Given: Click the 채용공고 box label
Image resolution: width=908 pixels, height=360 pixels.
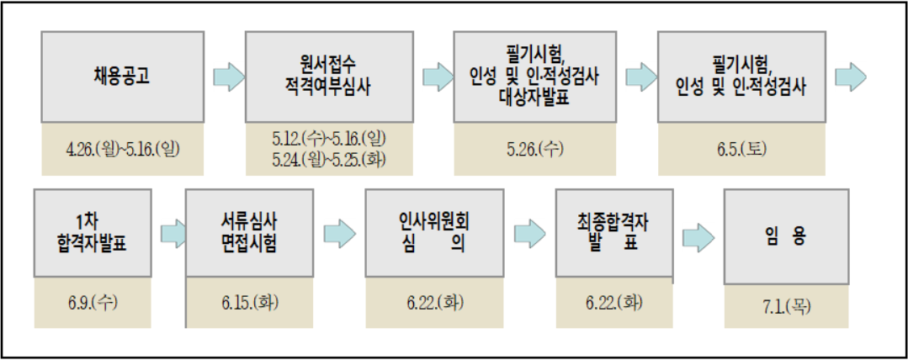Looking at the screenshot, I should point(122,77).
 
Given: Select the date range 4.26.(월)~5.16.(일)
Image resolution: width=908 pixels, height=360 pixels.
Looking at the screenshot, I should point(123,149).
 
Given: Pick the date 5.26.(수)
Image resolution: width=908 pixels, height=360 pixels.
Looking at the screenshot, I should point(534,149).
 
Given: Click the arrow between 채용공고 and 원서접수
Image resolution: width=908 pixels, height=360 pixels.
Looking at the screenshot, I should point(226,77).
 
